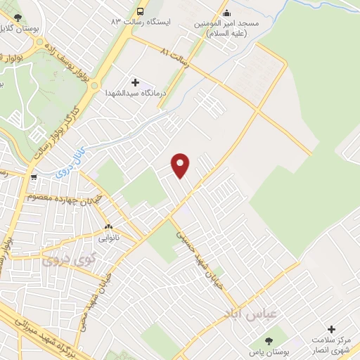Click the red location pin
click(x=181, y=165)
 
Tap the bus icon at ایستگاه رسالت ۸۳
click(x=141, y=12)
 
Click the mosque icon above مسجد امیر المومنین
click(x=226, y=12)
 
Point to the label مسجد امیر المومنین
click(x=226, y=27)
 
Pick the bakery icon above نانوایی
click(x=108, y=226)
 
